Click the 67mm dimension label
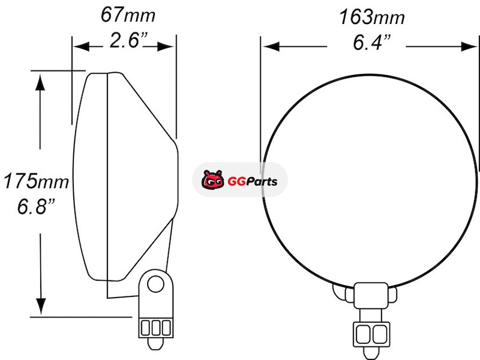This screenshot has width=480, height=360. (x=128, y=14)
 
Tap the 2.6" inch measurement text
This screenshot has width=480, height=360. (x=128, y=40)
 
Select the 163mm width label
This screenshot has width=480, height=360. (x=372, y=17)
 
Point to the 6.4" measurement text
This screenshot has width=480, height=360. (x=372, y=42)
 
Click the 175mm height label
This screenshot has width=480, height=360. (x=36, y=181)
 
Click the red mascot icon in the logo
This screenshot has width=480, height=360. (x=213, y=179)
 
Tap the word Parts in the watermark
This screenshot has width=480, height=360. (x=262, y=182)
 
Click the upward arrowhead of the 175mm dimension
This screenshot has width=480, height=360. (x=40, y=83)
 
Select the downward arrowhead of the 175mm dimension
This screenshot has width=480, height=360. (x=40, y=306)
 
